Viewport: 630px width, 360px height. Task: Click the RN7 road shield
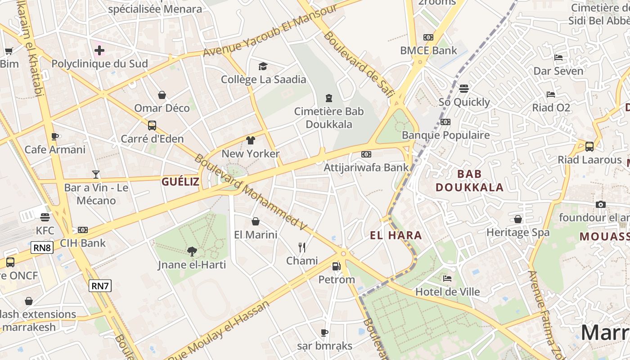tap(100, 285)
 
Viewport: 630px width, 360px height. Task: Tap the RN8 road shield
tap(42, 247)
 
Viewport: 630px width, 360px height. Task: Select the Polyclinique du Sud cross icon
tap(99, 50)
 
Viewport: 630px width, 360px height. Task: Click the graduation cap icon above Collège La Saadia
tap(263, 67)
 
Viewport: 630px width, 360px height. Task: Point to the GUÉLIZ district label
tap(180, 182)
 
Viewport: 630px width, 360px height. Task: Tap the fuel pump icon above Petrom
tap(337, 266)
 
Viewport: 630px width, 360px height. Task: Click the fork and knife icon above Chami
tap(302, 247)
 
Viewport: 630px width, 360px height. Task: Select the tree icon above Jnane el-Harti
tap(192, 251)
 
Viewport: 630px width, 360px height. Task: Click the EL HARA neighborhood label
tap(396, 235)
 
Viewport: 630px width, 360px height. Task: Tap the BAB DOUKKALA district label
tap(469, 180)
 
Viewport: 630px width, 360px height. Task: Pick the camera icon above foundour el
tap(600, 204)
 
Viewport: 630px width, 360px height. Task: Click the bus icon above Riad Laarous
tap(589, 146)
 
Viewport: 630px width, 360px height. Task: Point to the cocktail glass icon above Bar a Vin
tap(96, 174)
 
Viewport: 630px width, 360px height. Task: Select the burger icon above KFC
tap(45, 217)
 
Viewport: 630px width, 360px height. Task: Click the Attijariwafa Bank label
tap(366, 167)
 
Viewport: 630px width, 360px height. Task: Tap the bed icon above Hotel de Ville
tap(447, 279)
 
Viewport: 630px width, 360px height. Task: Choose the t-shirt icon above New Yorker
tap(251, 140)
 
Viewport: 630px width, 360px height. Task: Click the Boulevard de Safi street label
tap(359, 64)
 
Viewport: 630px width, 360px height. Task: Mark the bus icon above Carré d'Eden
tap(152, 125)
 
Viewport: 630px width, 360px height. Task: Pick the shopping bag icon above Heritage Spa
tap(518, 219)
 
